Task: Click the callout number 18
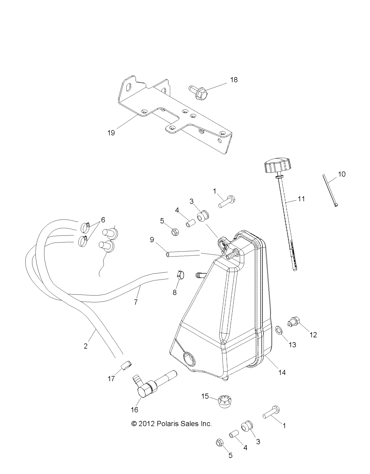pyautogui.click(x=234, y=80)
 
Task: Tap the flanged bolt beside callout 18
pyautogui.click(x=199, y=92)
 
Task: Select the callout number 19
pyautogui.click(x=111, y=133)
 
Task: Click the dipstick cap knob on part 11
pyautogui.click(x=277, y=165)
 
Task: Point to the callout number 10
pyautogui.click(x=342, y=174)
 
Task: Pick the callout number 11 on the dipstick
pyautogui.click(x=301, y=199)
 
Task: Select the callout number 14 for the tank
pyautogui.click(x=282, y=373)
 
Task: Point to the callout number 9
pyautogui.click(x=152, y=240)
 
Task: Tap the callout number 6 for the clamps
pyautogui.click(x=103, y=220)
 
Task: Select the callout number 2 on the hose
pyautogui.click(x=85, y=346)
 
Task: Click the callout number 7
pyautogui.click(x=136, y=302)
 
